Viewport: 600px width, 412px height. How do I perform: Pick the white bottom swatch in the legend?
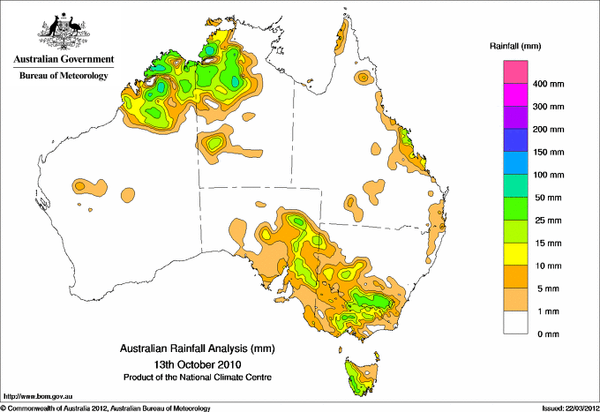pos(516,322)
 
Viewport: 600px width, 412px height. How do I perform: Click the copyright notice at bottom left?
pos(106,407)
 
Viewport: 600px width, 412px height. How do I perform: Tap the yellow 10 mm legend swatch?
pos(516,254)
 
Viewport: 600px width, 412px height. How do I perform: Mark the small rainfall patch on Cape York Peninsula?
pos(363,78)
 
